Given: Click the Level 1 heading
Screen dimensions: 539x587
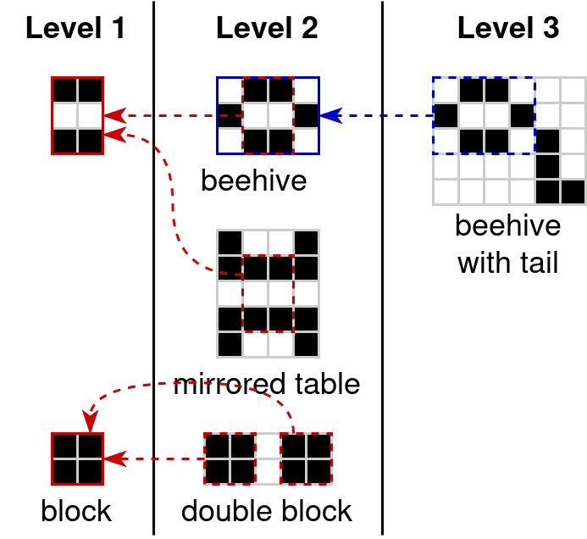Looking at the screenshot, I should pos(75,29).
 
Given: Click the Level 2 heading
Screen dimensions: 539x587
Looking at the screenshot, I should pos(267,29).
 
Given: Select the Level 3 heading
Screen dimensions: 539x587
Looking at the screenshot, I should pos(508,29).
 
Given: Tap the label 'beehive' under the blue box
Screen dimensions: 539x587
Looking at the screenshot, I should pos(253,180).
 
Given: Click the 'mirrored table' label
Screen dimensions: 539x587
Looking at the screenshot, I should pos(267,384).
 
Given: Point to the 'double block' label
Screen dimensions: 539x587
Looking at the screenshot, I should pos(267,511).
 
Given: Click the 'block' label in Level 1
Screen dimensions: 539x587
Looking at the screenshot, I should pos(76,511).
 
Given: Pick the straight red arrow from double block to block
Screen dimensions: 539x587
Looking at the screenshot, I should pos(157,459).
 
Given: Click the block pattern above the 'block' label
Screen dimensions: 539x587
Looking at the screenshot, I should pos(77,458).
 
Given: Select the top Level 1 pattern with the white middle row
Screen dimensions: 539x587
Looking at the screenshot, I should pos(77,115).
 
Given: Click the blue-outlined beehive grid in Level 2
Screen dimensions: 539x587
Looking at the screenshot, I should pos(268,115).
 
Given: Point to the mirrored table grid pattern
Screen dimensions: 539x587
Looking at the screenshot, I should pos(268,293).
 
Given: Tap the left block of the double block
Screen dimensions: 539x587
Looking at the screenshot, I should pos(230,458).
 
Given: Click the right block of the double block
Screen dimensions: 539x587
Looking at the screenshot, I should pos(306,458).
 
